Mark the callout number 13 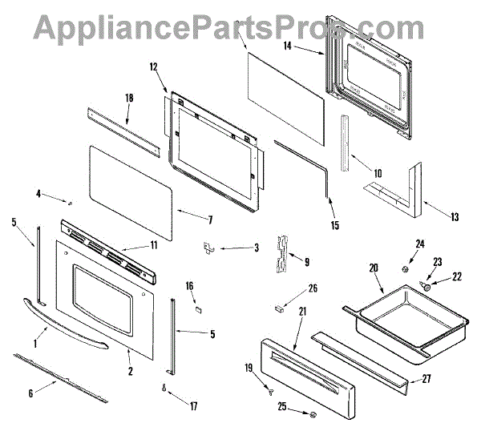[x=454, y=216]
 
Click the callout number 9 [x=305, y=260]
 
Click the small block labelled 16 [x=197, y=304]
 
